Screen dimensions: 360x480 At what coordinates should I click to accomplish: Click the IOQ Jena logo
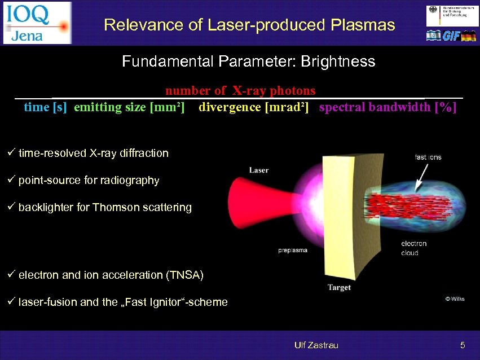pos(37,23)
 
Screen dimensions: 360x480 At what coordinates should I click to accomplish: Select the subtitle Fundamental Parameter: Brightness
pos(248,62)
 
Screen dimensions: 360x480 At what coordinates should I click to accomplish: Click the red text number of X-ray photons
pos(240,91)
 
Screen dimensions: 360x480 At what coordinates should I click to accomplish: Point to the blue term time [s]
pos(45,107)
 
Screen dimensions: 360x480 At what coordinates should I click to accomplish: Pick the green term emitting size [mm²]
pos(129,107)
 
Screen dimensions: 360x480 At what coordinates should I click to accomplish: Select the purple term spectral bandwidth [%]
pos(387,107)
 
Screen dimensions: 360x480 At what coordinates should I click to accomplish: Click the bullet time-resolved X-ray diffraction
pos(93,153)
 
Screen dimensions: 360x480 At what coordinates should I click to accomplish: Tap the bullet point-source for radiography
pos(89,181)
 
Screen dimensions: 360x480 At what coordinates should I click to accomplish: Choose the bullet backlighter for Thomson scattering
pos(105,208)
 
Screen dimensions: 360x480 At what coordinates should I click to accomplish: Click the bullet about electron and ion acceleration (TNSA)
pos(111,275)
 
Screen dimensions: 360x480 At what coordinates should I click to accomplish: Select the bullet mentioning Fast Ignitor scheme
pos(123,302)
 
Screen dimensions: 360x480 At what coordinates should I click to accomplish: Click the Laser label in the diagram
pos(259,170)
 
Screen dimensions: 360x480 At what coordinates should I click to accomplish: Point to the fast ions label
pos(428,157)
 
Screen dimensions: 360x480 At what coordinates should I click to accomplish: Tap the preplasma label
pos(293,250)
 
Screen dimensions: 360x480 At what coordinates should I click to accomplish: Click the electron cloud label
pos(413,248)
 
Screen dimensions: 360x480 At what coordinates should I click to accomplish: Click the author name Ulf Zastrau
pos(316,345)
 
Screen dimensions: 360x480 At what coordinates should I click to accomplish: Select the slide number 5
pos(462,345)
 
